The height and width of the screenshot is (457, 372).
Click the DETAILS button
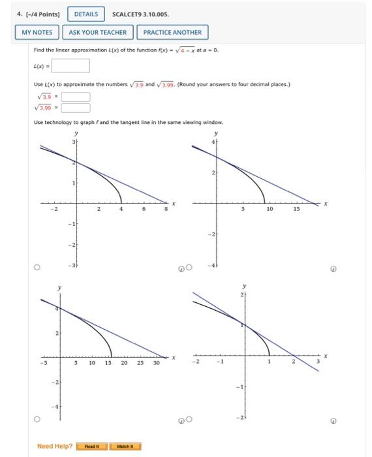point(86,14)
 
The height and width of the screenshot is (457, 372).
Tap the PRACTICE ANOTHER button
point(172,32)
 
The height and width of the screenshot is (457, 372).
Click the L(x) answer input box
point(70,65)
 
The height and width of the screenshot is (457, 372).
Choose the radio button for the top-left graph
point(38,268)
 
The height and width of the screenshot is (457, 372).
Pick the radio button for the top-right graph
point(189,268)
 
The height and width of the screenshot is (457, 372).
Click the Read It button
point(91,447)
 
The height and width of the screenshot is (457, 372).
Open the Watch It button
point(124,447)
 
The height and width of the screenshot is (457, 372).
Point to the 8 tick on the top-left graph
point(166,210)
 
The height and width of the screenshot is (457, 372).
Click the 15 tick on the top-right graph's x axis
point(295,210)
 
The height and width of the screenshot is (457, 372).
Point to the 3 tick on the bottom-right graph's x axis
point(318,362)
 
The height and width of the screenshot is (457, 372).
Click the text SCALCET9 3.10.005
point(136,14)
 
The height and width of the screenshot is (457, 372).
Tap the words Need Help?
point(55,447)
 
